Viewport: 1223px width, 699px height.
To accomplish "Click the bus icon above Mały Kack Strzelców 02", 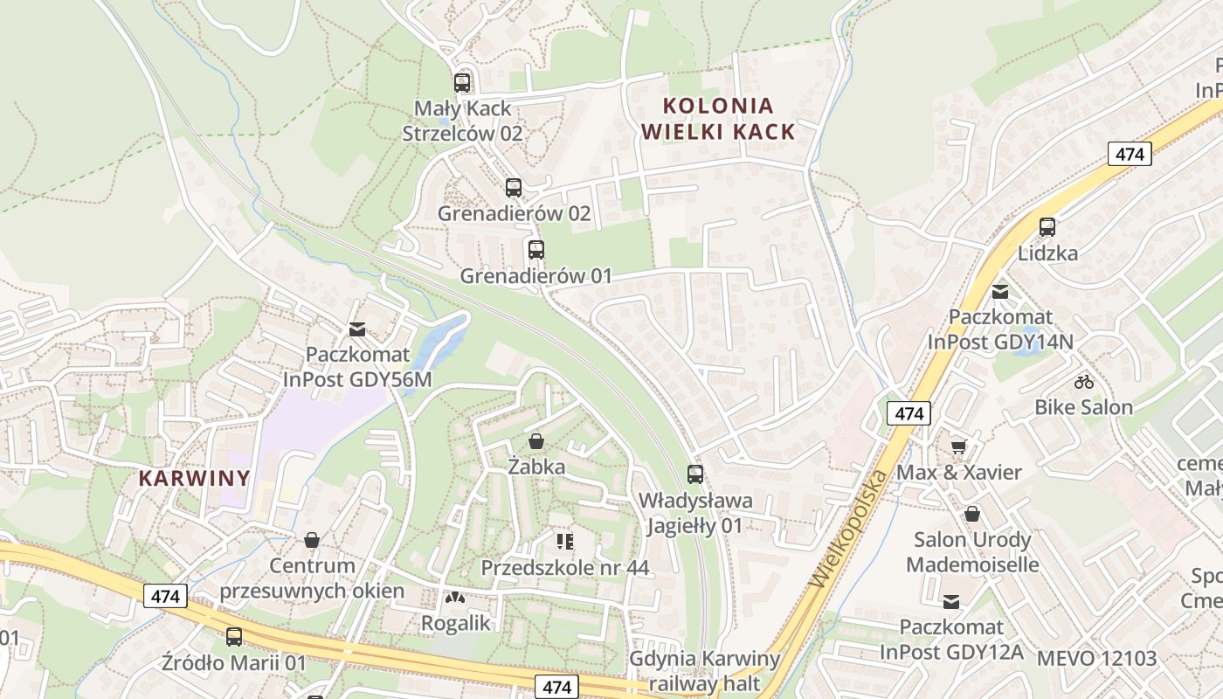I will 462,83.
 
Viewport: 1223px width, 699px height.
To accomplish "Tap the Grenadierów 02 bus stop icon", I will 514,187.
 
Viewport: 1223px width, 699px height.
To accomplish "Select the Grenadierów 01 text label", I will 535,276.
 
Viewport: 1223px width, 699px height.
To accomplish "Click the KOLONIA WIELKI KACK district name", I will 718,119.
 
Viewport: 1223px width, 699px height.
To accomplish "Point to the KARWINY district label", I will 194,479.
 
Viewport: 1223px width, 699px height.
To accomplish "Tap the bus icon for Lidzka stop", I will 1047,227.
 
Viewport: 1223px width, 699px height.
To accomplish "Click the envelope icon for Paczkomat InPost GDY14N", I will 1000,291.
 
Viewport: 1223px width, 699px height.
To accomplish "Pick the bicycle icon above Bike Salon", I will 1084,381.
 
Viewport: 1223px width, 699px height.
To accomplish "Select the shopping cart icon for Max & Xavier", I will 958,446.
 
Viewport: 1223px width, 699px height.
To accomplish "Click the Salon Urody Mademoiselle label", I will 972,552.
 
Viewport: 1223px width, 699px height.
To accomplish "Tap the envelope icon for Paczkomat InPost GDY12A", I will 951,601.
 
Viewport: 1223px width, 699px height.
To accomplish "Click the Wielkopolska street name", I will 847,529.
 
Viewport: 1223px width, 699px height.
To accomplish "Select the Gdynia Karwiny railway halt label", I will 704,670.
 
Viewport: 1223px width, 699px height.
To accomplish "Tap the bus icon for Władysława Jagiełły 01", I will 695,474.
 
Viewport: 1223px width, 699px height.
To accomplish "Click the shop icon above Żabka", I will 536,441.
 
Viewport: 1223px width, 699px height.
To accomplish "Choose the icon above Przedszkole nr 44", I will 564,542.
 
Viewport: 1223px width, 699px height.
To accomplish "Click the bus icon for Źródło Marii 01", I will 234,637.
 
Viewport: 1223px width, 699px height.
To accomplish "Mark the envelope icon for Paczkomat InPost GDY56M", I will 357,329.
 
